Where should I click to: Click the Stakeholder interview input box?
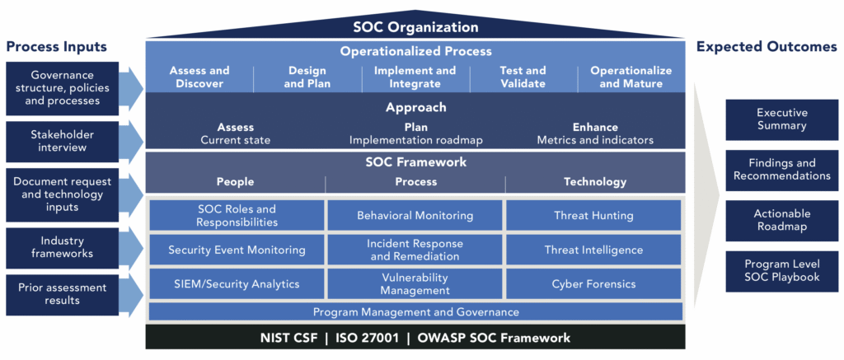pos(63,141)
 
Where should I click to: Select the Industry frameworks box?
pos(63,247)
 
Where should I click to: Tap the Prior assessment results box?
pos(63,295)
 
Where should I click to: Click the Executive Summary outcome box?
pos(781,120)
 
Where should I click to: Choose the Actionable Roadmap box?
pos(781,221)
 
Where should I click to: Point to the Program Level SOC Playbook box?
pos(781,271)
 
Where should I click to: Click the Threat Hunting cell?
pos(593,216)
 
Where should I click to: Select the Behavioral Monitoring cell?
pos(415,216)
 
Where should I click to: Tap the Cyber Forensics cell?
pos(593,284)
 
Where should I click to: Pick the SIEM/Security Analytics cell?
pos(237,284)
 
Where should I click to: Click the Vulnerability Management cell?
pos(415,284)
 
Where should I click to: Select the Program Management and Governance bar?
pos(415,312)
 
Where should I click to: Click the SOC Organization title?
pos(415,27)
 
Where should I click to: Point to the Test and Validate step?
pos(522,77)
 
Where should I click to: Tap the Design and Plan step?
pos(307,77)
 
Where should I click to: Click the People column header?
pos(235,182)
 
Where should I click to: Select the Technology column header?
pos(595,182)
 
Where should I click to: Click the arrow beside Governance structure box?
pos(131,87)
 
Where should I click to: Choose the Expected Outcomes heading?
pos(767,47)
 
